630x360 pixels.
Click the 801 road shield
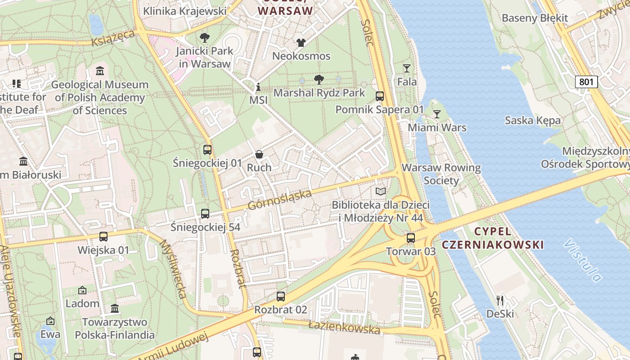pyautogui.click(x=586, y=81)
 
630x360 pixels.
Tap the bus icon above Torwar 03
pyautogui.click(x=410, y=238)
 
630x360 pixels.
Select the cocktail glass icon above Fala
pyautogui.click(x=407, y=68)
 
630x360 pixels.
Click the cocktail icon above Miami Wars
pyautogui.click(x=436, y=114)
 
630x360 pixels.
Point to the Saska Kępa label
pyautogui.click(x=532, y=120)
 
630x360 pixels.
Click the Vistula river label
pyautogui.click(x=583, y=261)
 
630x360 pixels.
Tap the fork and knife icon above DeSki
pyautogui.click(x=500, y=300)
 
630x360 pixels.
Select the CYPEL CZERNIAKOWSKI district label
pyautogui.click(x=493, y=238)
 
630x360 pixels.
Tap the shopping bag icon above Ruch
pyautogui.click(x=259, y=154)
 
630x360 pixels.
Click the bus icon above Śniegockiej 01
pyautogui.click(x=207, y=150)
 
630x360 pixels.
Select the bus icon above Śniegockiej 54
pyautogui.click(x=205, y=214)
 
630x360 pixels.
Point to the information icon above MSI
pyautogui.click(x=258, y=87)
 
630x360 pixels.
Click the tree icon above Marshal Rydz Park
pyautogui.click(x=319, y=80)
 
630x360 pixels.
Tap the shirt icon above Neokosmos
pyautogui.click(x=301, y=43)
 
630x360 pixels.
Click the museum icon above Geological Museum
pyautogui.click(x=99, y=71)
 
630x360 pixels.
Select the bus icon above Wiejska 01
pyautogui.click(x=103, y=237)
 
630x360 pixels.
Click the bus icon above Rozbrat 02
pyautogui.click(x=281, y=296)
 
